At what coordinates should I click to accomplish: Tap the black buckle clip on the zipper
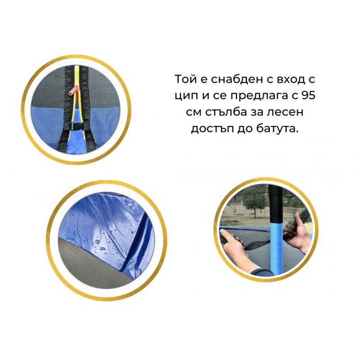(73, 126)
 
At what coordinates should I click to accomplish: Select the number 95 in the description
(308, 95)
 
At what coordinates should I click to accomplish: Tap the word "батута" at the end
(277, 129)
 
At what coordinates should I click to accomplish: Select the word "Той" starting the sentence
(184, 79)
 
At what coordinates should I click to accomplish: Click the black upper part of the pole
(275, 203)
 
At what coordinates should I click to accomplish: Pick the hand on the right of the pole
(297, 234)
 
